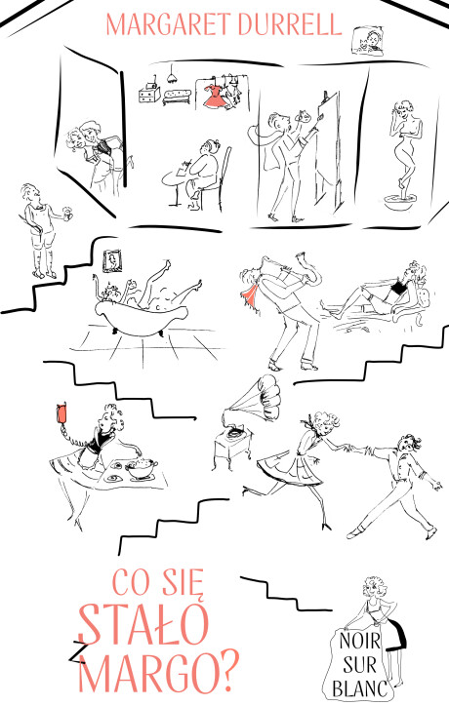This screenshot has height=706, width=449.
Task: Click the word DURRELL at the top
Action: tap(290, 24)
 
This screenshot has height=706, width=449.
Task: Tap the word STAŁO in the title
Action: tap(144, 625)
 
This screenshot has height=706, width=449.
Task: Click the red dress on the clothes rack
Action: tap(215, 96)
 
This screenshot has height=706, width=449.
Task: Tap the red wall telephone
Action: tap(62, 413)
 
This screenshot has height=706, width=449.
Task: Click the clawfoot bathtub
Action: tap(140, 319)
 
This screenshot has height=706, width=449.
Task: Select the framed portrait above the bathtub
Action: tap(112, 260)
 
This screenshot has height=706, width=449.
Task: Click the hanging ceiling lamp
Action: tap(172, 75)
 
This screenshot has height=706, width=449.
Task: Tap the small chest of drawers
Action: tap(148, 94)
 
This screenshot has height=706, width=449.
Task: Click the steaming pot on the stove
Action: tap(142, 468)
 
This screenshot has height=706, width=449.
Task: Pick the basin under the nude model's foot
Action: tap(401, 202)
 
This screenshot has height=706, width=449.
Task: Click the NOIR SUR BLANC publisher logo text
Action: tap(359, 665)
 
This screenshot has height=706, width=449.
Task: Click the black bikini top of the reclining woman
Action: tap(397, 288)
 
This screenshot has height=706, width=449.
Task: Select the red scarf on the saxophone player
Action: tap(250, 292)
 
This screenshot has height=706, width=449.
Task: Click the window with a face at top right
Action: tap(367, 41)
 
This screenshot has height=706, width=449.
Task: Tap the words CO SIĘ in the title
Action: tap(158, 583)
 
